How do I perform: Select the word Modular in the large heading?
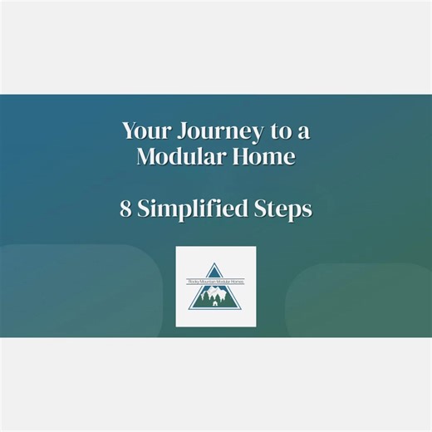click(176, 155)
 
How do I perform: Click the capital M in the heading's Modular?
click(147, 155)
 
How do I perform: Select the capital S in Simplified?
click(144, 209)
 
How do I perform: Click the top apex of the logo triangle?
click(215, 263)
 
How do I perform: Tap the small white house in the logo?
click(215, 303)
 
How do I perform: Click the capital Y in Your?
click(128, 130)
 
